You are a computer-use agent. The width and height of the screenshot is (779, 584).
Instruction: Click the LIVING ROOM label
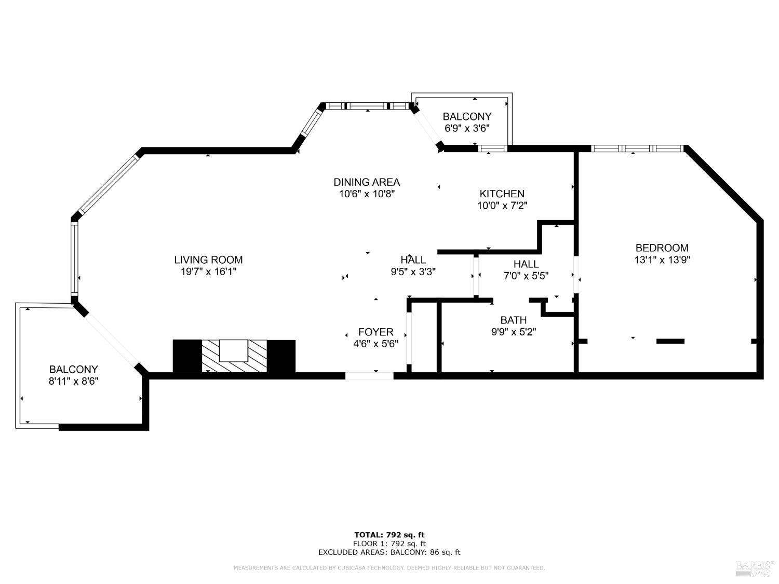coord(208,260)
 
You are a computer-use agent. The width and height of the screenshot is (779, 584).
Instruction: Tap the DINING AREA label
coord(366,182)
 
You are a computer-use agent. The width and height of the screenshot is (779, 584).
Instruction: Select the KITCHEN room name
coord(502,194)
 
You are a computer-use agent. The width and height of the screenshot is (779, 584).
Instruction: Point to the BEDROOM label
coord(662,248)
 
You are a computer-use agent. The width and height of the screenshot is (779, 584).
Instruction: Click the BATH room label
coord(513,320)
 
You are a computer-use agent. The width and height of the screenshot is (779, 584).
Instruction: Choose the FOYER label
coord(375,332)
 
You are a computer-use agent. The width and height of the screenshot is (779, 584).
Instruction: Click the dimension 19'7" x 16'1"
coord(208,271)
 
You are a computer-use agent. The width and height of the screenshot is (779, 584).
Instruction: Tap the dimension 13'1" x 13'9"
coord(662,260)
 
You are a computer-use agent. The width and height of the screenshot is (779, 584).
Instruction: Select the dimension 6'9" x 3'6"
coord(466,128)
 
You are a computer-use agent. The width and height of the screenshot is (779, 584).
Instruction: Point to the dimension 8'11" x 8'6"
coord(73,381)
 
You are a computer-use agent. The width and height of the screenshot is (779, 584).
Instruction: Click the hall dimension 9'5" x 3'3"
coord(413,271)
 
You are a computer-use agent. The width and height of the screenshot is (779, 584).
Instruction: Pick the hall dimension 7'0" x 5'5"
coord(526,276)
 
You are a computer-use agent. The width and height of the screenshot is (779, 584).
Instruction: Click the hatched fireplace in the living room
coord(234,356)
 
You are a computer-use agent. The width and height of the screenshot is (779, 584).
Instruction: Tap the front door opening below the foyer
coord(369,376)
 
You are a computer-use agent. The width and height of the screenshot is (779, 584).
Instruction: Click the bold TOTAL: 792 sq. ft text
coord(389,535)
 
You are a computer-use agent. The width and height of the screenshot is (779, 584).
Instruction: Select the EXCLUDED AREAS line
coord(389,552)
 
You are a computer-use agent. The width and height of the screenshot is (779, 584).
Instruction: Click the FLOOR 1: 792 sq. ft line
coord(389,544)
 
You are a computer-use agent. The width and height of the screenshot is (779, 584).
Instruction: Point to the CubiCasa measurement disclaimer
coord(389,568)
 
